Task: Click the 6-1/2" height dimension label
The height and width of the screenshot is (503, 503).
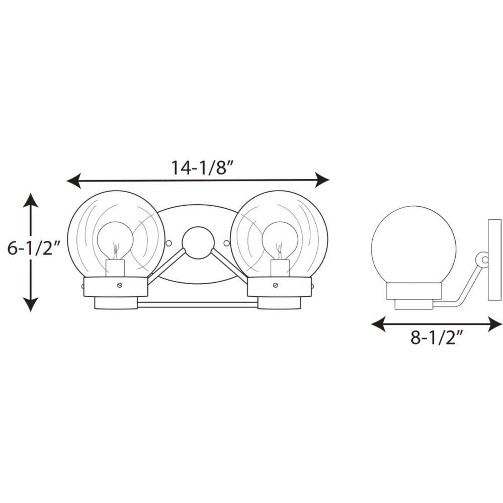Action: point(34,248)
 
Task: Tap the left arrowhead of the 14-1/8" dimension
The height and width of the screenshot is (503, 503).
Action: point(73,181)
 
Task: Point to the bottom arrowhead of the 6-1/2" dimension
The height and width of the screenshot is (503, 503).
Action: point(31,304)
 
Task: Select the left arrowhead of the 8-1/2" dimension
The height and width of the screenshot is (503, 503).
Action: point(378,324)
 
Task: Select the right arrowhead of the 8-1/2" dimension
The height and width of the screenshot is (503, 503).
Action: point(494,324)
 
